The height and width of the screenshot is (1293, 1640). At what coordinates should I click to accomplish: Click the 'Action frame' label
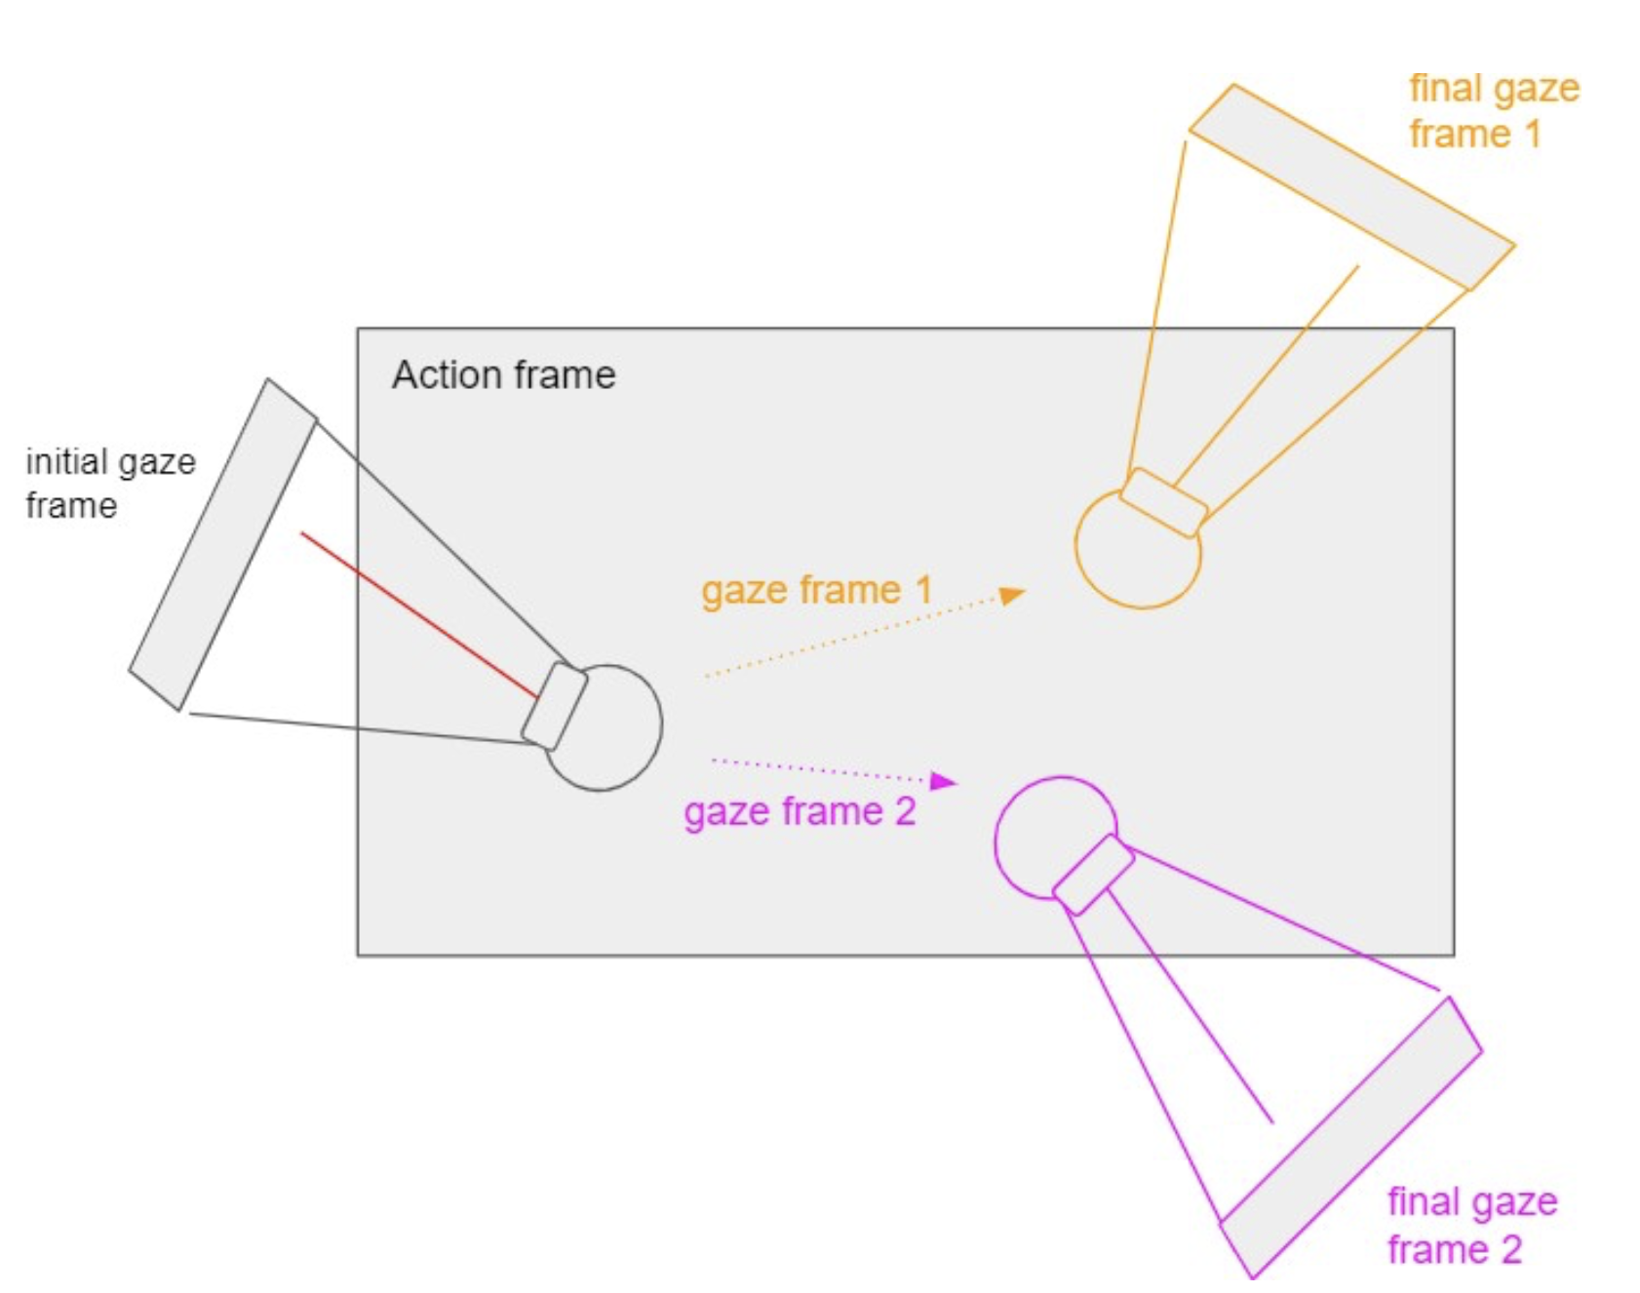coord(503,375)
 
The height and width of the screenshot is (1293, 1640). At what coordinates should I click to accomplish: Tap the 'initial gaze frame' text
coord(109,484)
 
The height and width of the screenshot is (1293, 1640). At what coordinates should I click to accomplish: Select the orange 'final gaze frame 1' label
coord(1493,111)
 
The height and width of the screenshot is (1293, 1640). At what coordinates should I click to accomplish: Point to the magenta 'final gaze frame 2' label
coord(1471,1226)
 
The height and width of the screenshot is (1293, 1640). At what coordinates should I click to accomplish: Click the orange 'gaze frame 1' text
coord(816,590)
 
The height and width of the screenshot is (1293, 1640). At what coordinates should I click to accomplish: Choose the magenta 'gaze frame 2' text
coord(800,811)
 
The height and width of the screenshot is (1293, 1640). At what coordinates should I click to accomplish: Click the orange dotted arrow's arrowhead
coord(1012,594)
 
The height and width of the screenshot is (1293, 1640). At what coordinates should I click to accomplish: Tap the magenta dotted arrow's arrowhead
coord(942,780)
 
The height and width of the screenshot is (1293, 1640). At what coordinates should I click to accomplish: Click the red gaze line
coord(419,615)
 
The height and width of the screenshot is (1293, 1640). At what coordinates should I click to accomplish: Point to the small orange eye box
coord(1164,502)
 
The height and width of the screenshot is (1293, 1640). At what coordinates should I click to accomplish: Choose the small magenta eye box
coord(1093,875)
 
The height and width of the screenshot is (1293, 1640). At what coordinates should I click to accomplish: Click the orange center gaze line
coord(1268,374)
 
